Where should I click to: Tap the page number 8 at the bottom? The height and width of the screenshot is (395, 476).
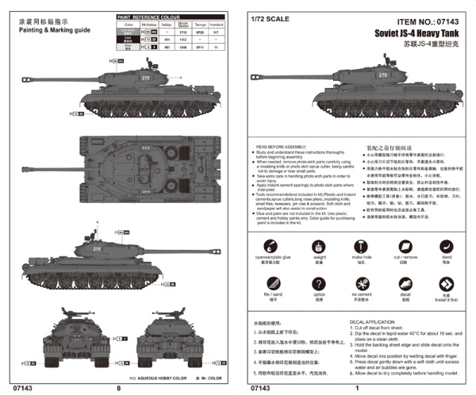(118, 388)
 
